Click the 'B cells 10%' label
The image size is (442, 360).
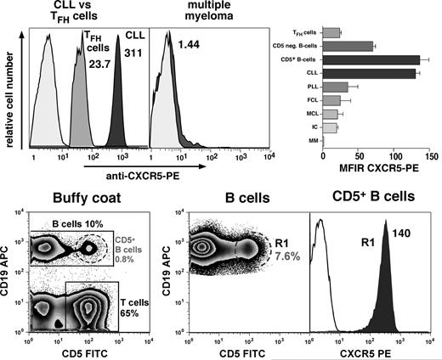click(67, 224)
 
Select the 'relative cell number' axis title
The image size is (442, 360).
click(10, 95)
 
